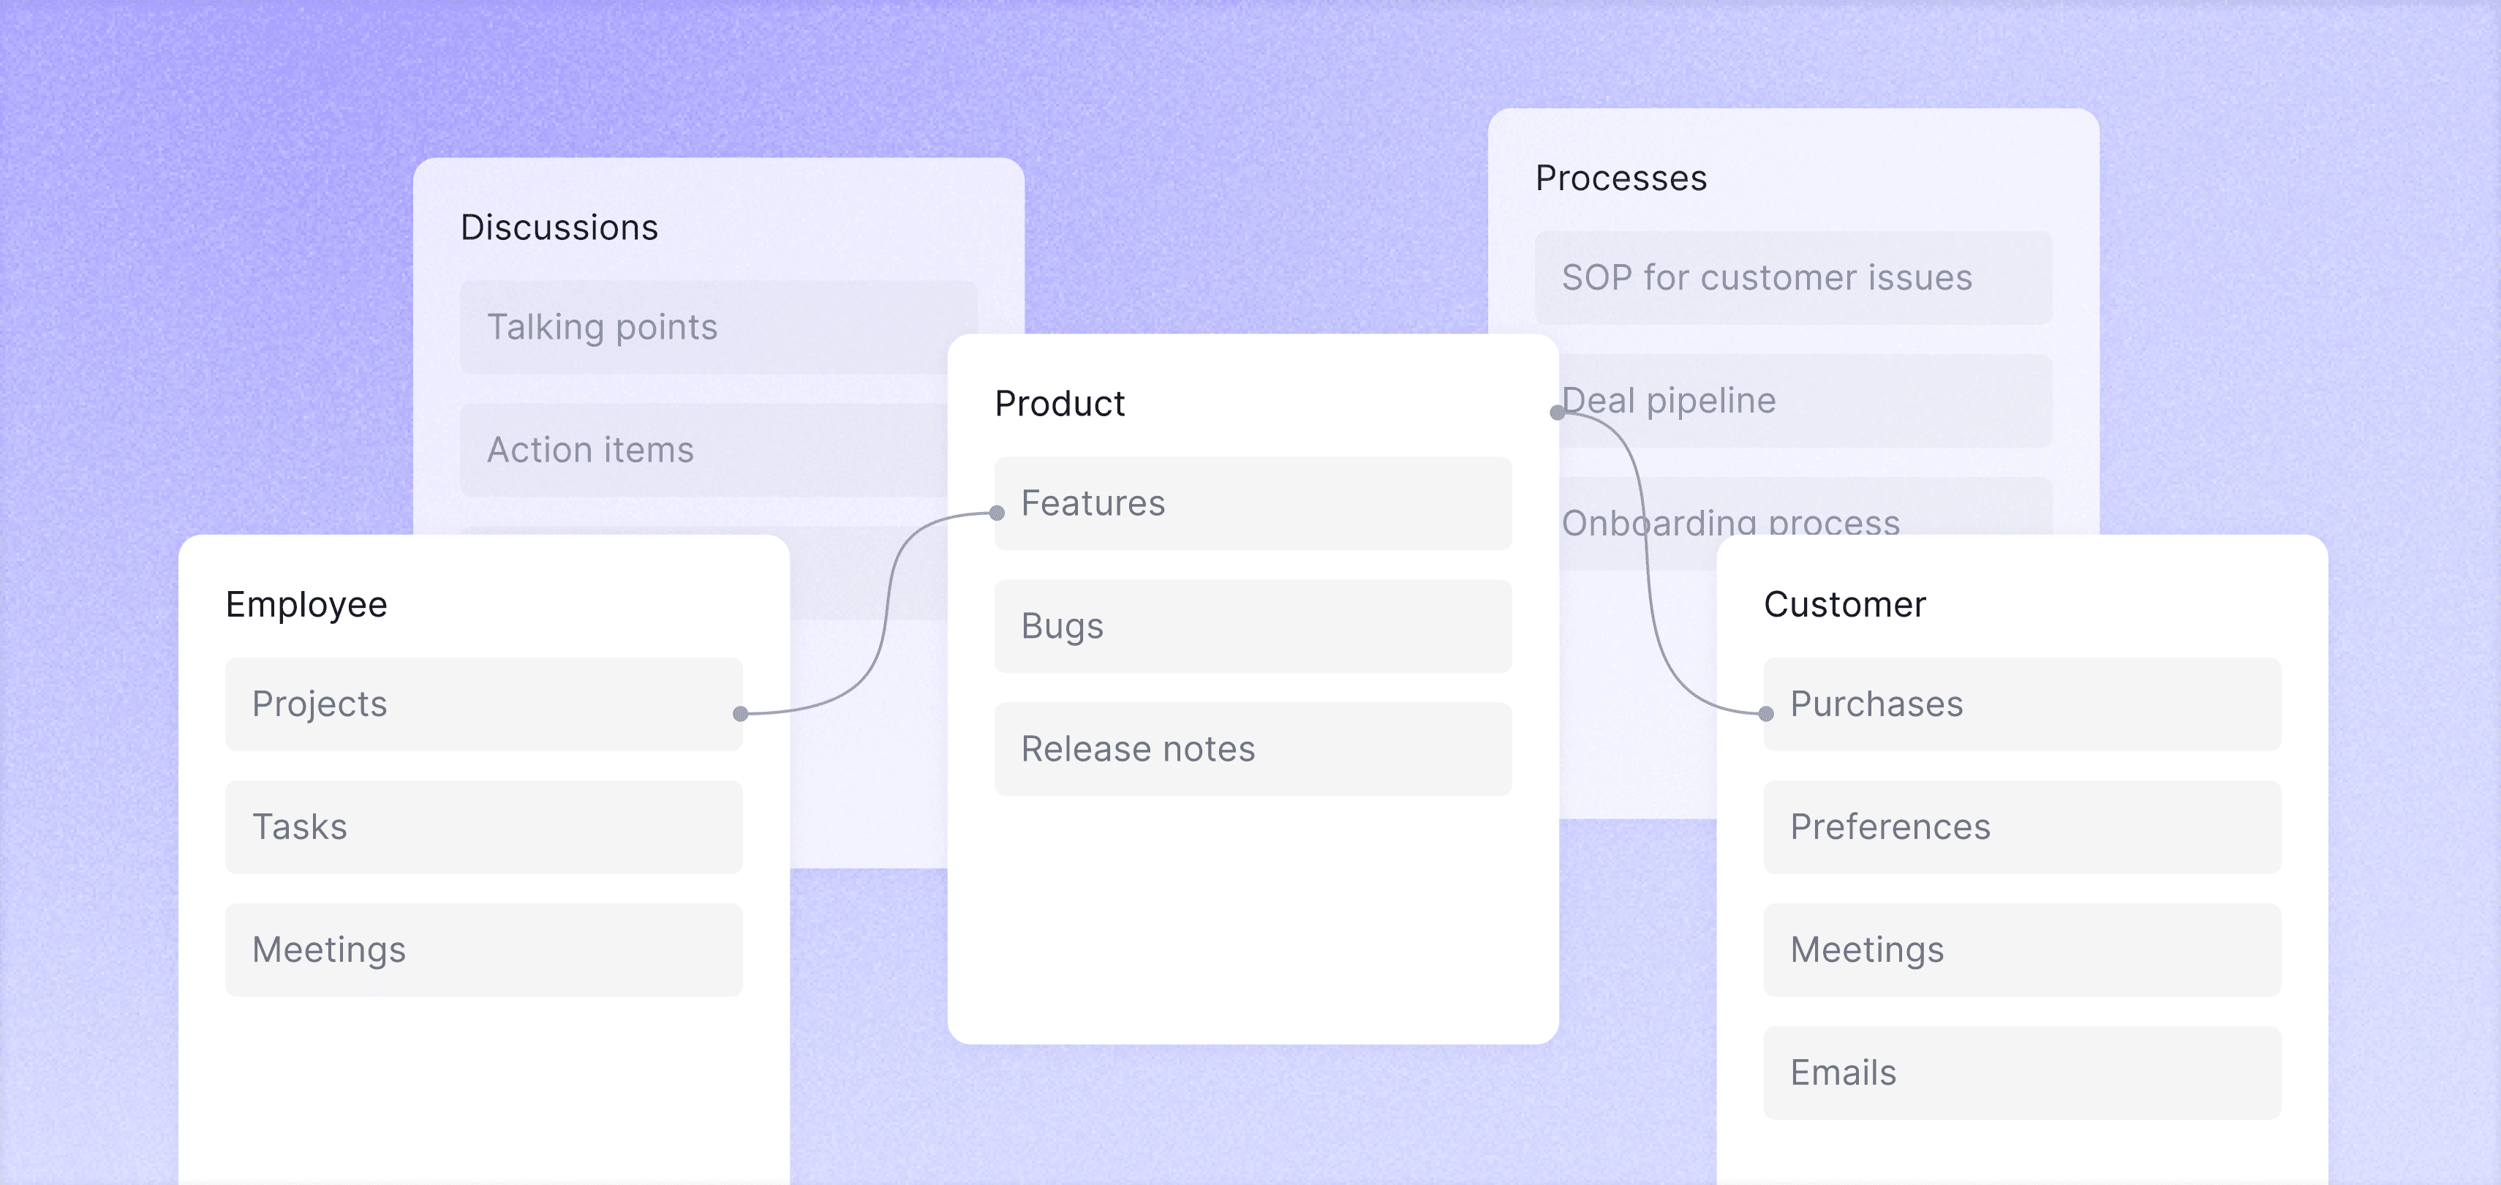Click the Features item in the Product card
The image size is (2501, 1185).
pyautogui.click(x=1253, y=503)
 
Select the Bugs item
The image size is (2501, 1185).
pyautogui.click(x=1253, y=626)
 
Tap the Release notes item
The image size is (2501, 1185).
pyautogui.click(x=1253, y=749)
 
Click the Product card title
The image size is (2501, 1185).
pyautogui.click(x=1059, y=403)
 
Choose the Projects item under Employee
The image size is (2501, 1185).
pyautogui.click(x=483, y=704)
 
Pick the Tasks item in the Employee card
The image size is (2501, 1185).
pyautogui.click(x=483, y=827)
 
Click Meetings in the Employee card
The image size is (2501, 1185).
pyautogui.click(x=483, y=950)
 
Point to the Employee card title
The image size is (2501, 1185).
pyautogui.click(x=306, y=604)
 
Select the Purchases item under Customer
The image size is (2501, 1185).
pyautogui.click(x=2021, y=704)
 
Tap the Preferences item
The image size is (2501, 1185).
pyautogui.click(x=2021, y=827)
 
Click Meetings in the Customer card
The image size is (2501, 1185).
pyautogui.click(x=2021, y=950)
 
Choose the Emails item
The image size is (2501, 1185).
pyautogui.click(x=2021, y=1072)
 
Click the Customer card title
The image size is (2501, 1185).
pyautogui.click(x=1844, y=604)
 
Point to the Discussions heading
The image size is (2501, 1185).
pyautogui.click(x=559, y=227)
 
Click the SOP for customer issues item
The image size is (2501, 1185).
pyautogui.click(x=1792, y=278)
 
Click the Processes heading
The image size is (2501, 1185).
pyautogui.click(x=1621, y=178)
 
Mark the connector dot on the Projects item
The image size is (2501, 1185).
pyautogui.click(x=741, y=714)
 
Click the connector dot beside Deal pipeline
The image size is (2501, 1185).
pyautogui.click(x=1558, y=413)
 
